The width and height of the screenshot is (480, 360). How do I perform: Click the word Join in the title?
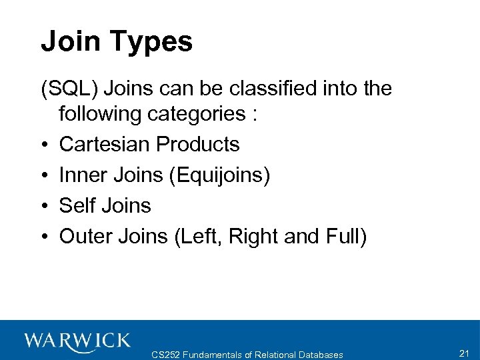(69, 41)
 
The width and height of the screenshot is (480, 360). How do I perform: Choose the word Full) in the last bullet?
(346, 237)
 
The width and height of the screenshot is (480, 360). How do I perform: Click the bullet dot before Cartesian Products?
(44, 145)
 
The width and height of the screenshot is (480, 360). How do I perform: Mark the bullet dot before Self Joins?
(44, 206)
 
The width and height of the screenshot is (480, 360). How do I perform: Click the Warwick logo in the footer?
(78, 341)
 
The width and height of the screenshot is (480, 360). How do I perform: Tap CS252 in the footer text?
(167, 355)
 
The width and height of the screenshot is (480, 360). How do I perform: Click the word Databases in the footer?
(319, 355)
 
